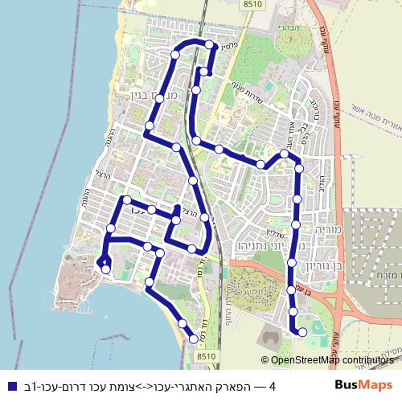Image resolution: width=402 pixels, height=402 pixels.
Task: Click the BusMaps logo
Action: click(364, 386)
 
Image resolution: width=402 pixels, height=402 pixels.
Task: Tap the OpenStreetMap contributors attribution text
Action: click(332, 360)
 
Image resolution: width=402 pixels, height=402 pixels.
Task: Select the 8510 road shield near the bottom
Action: click(207, 355)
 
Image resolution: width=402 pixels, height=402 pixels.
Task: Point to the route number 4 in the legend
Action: click(273, 387)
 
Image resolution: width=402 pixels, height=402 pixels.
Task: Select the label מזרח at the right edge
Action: click(387, 273)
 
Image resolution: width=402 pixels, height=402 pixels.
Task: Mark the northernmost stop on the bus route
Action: click(210, 44)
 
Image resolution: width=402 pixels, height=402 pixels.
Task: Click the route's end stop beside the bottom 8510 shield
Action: click(193, 340)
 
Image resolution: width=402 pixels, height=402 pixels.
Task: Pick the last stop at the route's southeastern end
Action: click(302, 331)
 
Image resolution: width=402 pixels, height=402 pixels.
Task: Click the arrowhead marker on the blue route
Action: click(102, 262)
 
